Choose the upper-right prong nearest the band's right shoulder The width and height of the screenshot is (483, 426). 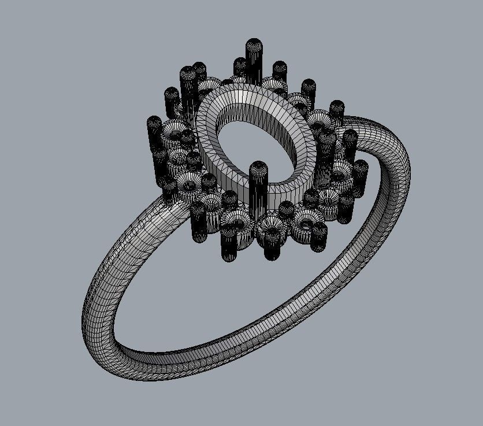337,110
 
